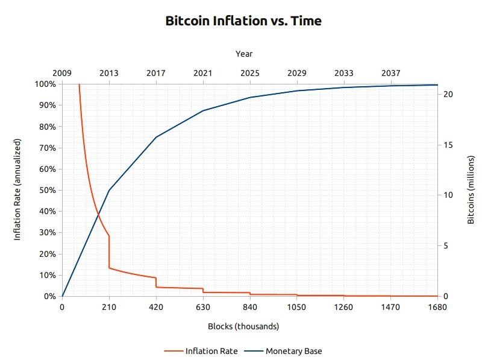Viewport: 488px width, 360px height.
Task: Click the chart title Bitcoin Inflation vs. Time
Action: pyautogui.click(x=243, y=21)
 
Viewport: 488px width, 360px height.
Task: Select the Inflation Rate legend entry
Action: pyautogui.click(x=201, y=351)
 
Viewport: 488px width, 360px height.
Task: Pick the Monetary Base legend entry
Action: pyautogui.click(x=290, y=351)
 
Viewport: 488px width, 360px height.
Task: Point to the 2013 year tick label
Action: pyautogui.click(x=109, y=73)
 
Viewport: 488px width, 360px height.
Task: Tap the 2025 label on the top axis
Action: pyautogui.click(x=250, y=73)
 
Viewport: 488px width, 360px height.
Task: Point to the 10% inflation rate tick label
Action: pyautogui.click(x=47, y=275)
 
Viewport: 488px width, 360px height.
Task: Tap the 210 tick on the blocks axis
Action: pyautogui.click(x=109, y=308)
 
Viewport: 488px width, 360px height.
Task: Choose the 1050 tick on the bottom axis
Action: pyautogui.click(x=297, y=308)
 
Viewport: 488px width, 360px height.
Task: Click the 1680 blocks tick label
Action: pyautogui.click(x=437, y=308)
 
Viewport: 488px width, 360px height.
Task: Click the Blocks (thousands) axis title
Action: pyautogui.click(x=243, y=327)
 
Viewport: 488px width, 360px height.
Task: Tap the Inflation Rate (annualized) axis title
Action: pyautogui.click(x=17, y=189)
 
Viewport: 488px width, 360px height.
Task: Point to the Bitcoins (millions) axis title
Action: pyautogui.click(x=471, y=189)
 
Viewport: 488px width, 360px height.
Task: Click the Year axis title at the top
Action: pyautogui.click(x=244, y=54)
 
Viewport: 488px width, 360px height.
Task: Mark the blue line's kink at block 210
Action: pyautogui.click(x=109, y=191)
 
